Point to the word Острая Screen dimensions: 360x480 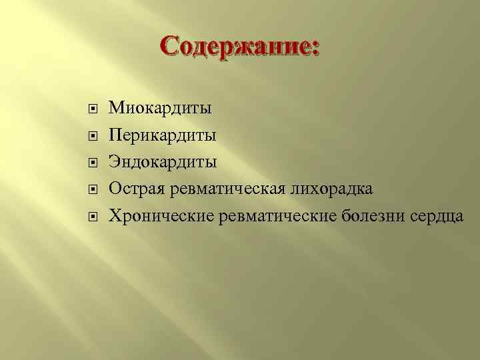coord(137,189)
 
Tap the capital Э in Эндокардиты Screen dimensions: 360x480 coord(115,162)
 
